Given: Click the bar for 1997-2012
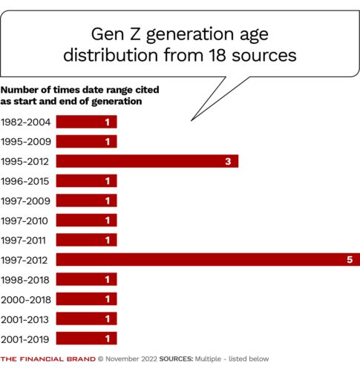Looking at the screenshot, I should tap(208, 259).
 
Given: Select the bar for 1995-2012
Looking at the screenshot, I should tap(147, 160).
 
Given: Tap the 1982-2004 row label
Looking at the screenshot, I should tap(26, 122).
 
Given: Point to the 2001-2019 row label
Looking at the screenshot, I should tap(26, 339).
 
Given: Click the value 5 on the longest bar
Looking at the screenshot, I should tap(350, 259).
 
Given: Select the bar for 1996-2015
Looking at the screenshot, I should tap(86, 180).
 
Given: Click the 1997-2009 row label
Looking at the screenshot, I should tap(26, 200).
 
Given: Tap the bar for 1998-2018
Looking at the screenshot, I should tap(86, 279).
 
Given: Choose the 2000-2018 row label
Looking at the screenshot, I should tap(26, 299).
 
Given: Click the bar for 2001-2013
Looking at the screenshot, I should tap(86, 319).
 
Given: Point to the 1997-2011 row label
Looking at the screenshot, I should tap(26, 240).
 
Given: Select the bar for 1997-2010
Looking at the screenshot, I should tap(86, 220).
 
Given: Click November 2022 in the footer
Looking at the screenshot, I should tap(134, 359).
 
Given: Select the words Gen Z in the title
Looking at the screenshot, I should tap(112, 34).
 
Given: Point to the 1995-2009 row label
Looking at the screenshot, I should tap(26, 141).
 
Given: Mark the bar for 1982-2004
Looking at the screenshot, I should tap(86, 122).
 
